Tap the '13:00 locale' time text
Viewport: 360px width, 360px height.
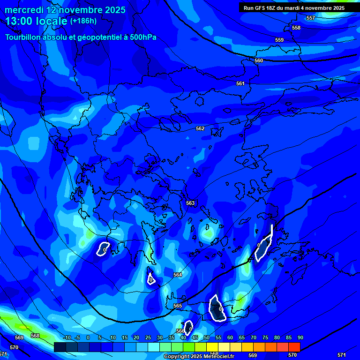[36, 21]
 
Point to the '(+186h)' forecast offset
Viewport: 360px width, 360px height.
[83, 21]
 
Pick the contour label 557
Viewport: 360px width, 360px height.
[311, 18]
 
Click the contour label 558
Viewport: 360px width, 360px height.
[296, 28]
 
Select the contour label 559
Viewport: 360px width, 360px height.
[279, 40]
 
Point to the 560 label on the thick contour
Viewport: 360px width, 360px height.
[259, 60]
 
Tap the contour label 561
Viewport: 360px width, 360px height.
[240, 83]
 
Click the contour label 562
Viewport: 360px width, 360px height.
[200, 128]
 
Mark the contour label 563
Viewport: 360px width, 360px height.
[190, 203]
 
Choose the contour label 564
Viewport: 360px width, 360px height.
[178, 275]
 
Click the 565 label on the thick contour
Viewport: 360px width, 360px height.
[178, 306]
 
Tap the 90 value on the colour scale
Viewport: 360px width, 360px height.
[300, 338]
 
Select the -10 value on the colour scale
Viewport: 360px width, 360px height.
[67, 338]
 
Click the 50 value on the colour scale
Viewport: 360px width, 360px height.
[207, 338]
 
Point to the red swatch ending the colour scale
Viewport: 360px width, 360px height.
[294, 347]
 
